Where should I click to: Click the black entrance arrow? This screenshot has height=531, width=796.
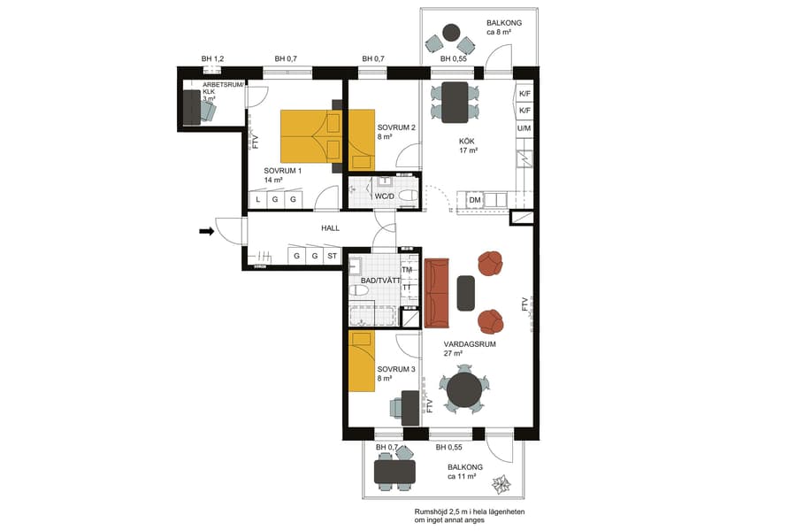[x=206, y=232]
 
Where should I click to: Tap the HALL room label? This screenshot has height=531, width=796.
[x=330, y=228]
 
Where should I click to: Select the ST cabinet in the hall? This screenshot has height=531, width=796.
[x=333, y=257]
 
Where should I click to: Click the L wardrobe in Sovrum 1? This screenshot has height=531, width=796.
[x=257, y=200]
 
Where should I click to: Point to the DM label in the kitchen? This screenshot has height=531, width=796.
[x=475, y=200]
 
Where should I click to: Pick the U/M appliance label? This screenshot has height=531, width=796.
[x=524, y=128]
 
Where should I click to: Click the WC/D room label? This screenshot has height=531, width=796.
[x=384, y=196]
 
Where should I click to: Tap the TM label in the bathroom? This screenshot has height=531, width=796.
[x=408, y=271]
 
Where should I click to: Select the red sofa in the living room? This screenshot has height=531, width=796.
[x=437, y=293]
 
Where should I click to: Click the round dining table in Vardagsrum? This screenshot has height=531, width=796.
[x=464, y=388]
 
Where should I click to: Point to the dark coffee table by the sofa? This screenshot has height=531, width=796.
[x=466, y=293]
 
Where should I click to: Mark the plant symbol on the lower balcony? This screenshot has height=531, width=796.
[x=501, y=484]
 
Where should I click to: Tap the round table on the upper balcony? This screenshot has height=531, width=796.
[x=451, y=34]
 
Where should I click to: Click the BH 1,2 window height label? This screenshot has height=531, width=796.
[x=212, y=58]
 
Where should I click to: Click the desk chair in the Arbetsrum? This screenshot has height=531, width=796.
[x=208, y=111]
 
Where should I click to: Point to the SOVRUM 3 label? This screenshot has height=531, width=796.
[x=395, y=369]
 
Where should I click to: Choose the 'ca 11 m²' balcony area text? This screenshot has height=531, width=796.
[x=462, y=476]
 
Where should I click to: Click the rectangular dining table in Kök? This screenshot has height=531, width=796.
[x=455, y=103]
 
